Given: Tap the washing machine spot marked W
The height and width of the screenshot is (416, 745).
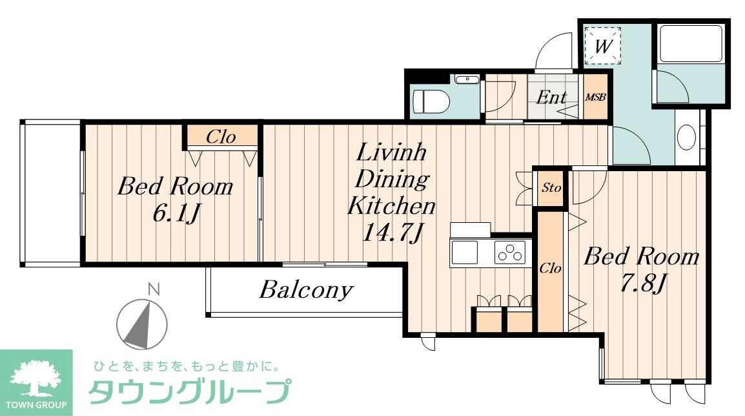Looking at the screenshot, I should (602, 46).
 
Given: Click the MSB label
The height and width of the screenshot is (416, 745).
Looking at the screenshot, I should (595, 98).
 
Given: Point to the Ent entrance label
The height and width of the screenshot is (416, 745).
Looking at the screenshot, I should (552, 98).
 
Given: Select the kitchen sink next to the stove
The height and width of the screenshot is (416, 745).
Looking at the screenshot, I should (464, 252).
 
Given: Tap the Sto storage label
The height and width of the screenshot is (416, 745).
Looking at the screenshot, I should (551, 188).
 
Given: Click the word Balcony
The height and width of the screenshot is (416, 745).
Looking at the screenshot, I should (306, 290).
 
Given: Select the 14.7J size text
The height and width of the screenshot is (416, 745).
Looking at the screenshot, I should (391, 232).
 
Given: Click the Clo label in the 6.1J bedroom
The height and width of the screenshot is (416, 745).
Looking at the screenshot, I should (221, 137).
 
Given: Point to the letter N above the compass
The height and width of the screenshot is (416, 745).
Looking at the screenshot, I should (153, 289).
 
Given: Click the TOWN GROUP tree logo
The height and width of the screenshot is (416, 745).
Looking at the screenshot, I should (36, 379).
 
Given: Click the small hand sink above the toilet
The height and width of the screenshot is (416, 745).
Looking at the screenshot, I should (465, 80).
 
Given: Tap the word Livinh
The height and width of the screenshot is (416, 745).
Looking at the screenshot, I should (383, 155).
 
